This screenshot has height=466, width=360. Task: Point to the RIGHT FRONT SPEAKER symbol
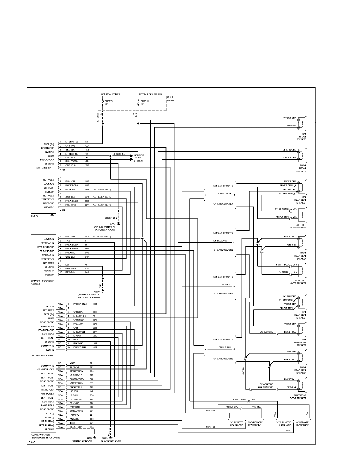click(x=303, y=155)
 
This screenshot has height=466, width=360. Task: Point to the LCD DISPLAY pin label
click(x=47, y=160)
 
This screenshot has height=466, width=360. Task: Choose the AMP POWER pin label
click(x=47, y=393)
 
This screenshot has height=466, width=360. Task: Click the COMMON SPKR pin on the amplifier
click(x=45, y=370)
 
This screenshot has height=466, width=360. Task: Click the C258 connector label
click(x=62, y=210)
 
